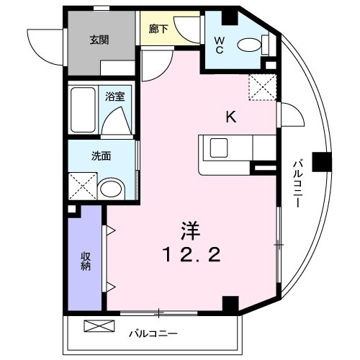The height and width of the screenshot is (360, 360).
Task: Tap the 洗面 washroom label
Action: pos(100,155)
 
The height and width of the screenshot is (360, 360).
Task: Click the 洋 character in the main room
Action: pos(189,230)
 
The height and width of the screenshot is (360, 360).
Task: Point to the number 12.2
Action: pos(189,253)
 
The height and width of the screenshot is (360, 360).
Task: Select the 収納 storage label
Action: pos(85,259)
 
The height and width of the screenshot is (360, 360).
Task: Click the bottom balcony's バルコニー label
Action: pos(153,334)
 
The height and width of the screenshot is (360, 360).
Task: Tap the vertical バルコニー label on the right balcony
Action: pos(296,183)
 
